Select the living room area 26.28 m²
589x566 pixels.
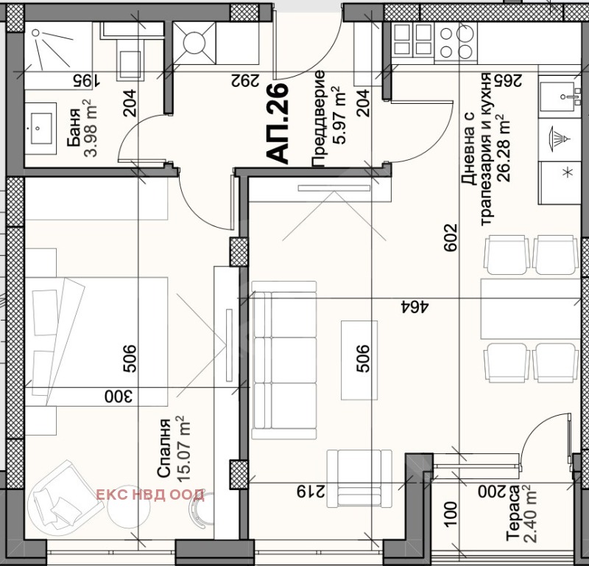click(503, 151)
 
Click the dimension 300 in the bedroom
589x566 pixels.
click(118, 397)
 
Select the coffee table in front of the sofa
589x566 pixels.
click(360, 360)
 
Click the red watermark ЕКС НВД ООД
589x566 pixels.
click(150, 494)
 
